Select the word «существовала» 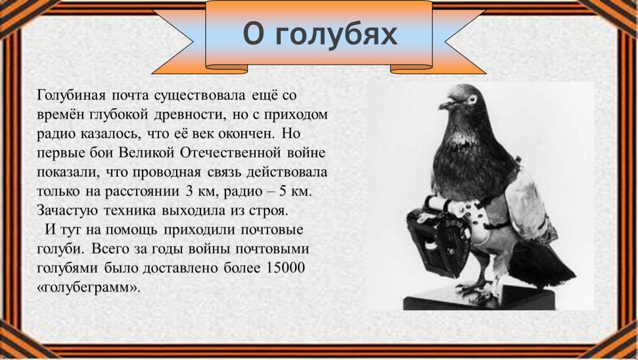point(200,96)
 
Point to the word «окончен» point(244,135)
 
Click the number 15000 point(283,269)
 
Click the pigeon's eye point(471,99)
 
